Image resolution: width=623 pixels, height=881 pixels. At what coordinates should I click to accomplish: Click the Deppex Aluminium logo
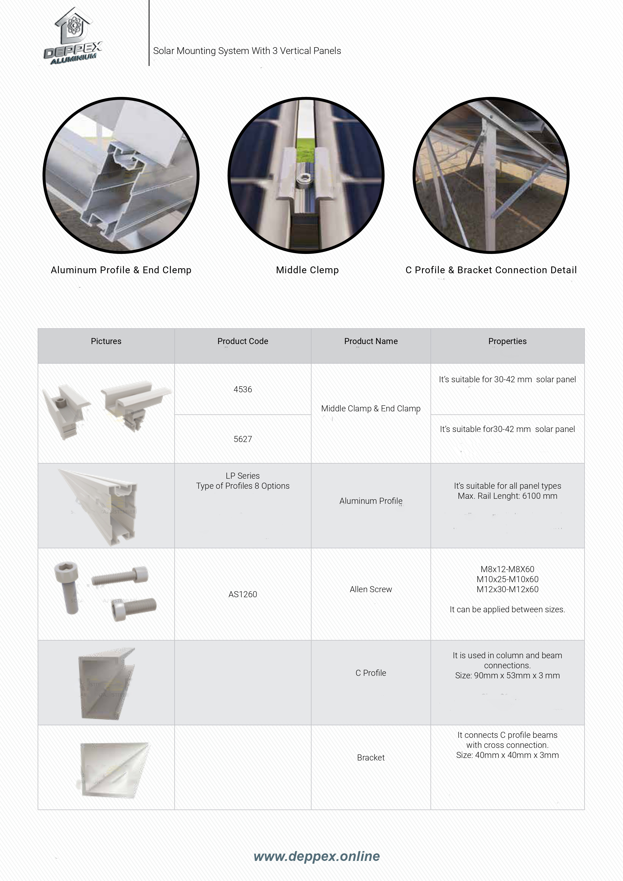[x=73, y=36]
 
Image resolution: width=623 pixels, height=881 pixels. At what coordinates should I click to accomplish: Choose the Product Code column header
[x=243, y=341]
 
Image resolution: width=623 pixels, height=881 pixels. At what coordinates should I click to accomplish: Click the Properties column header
[x=507, y=341]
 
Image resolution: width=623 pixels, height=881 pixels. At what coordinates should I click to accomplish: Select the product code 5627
[x=243, y=439]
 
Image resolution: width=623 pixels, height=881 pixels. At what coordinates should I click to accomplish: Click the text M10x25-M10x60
[x=507, y=579]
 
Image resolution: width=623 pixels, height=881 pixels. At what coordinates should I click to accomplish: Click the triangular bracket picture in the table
[x=113, y=769]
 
